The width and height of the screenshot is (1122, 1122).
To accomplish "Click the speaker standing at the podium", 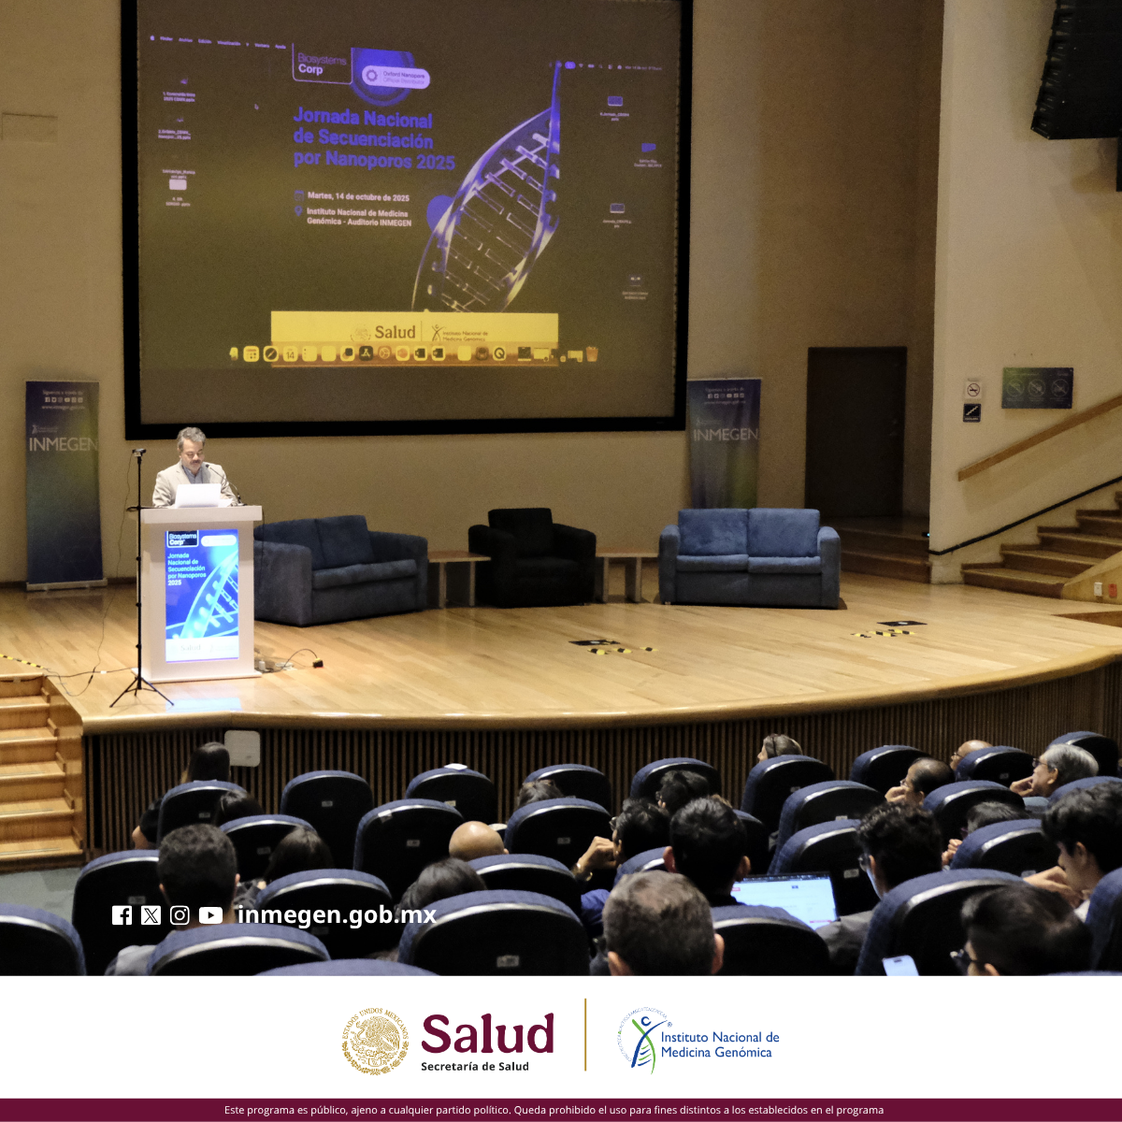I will pos(192,462).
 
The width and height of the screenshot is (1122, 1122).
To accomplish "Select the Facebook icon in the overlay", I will pos(122,915).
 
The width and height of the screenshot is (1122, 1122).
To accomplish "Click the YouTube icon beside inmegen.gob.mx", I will pos(210,915).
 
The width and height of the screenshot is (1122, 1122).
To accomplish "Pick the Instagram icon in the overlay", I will pos(180,915).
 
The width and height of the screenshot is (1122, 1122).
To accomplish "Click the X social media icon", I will pos(151,915).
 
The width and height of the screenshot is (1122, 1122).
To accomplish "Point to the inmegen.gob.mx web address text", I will pos(337,914).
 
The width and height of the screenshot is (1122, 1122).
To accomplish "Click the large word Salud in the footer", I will pos(487,1034).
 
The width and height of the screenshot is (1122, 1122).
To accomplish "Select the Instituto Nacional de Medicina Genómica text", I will pos(719,1044).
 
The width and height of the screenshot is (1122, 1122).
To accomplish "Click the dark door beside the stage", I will pos(856,432).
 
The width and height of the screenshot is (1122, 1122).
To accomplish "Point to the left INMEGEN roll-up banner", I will pos(63,482).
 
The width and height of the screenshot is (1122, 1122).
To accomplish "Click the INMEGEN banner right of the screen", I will pos(724,441).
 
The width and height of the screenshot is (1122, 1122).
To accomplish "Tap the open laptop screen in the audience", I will pos(785,898).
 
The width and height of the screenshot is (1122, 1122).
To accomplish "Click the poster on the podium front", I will pos(201,596).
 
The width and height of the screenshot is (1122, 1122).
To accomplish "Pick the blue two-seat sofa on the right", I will pos(749,557).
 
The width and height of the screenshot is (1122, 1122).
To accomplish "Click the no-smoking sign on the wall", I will pos(973,389).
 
